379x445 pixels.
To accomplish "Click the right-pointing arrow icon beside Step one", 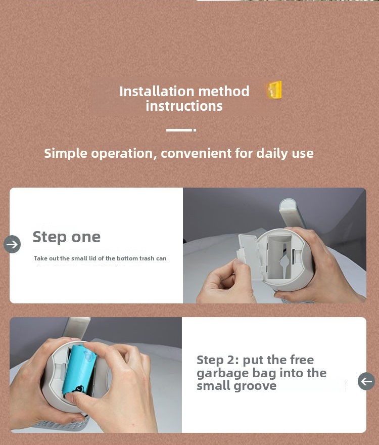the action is click(x=12, y=244).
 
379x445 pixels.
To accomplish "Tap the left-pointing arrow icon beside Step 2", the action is click(x=366, y=381).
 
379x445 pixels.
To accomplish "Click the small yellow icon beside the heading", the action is click(x=274, y=90).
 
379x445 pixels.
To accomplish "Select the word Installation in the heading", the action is click(x=157, y=92).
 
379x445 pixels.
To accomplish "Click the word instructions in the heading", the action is click(x=184, y=106).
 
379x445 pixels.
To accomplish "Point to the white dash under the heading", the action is click(x=181, y=130).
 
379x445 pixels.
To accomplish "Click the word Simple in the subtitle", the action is click(x=66, y=154).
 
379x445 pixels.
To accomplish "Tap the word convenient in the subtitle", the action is click(x=196, y=153).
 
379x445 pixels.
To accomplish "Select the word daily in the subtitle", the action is click(x=272, y=154).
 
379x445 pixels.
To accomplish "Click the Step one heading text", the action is click(x=66, y=237).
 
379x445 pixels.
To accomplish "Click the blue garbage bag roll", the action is click(x=79, y=370).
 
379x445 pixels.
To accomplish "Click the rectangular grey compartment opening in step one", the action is click(x=280, y=256).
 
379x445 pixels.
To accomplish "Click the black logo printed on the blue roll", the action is click(x=78, y=389).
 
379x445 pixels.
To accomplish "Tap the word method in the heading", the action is click(x=224, y=92).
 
